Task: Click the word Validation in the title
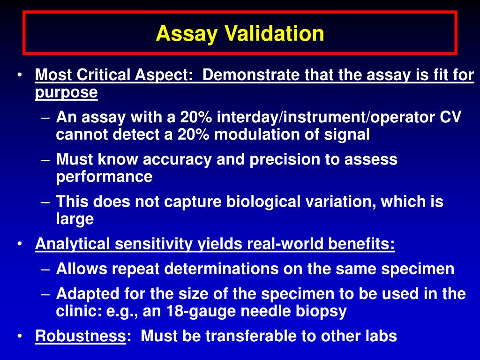pos(274,34)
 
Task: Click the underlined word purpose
pos(66,92)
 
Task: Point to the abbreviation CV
pos(450,117)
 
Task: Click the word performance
pos(104,177)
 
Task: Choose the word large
pos(75,219)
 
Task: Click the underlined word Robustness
pos(81,336)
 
